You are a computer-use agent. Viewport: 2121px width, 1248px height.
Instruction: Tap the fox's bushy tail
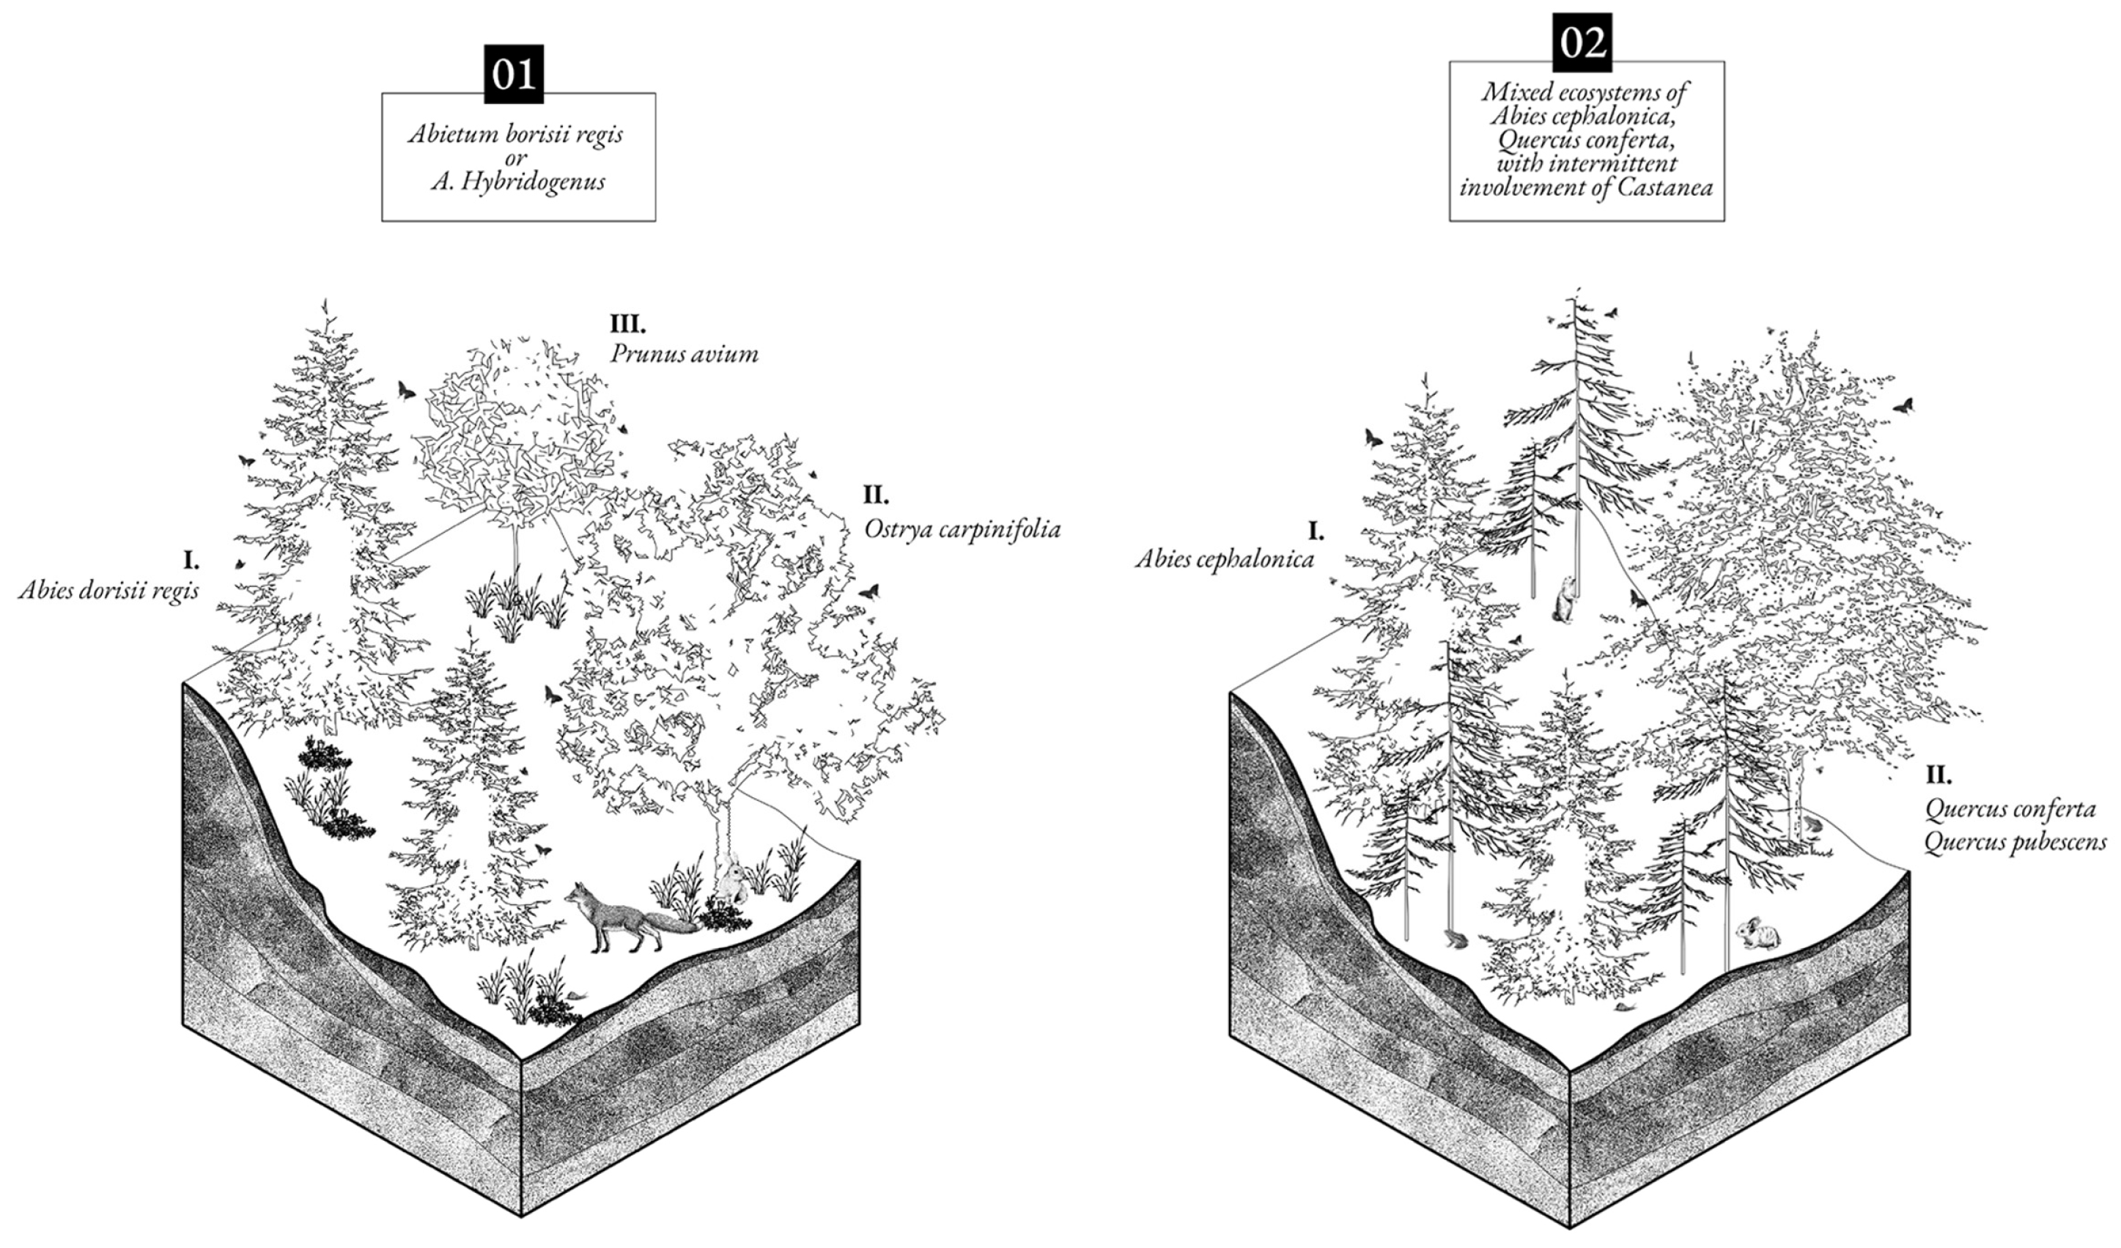[673, 925]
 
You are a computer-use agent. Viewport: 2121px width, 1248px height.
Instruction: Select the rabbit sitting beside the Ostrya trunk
[731, 879]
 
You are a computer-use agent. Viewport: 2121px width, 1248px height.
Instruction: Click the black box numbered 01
[514, 74]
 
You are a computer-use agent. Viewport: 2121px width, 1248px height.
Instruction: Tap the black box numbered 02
[1582, 42]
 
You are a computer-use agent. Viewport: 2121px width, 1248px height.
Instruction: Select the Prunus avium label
[684, 353]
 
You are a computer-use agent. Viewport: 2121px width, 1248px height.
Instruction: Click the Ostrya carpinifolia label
[962, 529]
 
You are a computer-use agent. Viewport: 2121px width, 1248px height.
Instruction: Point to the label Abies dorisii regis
[108, 590]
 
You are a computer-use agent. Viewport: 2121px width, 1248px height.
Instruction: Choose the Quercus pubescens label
[2015, 842]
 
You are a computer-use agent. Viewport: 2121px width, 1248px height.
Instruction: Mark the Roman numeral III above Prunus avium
[627, 323]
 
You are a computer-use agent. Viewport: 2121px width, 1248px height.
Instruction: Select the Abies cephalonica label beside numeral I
[1225, 559]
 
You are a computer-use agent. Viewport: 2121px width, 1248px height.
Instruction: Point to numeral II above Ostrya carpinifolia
[875, 495]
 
